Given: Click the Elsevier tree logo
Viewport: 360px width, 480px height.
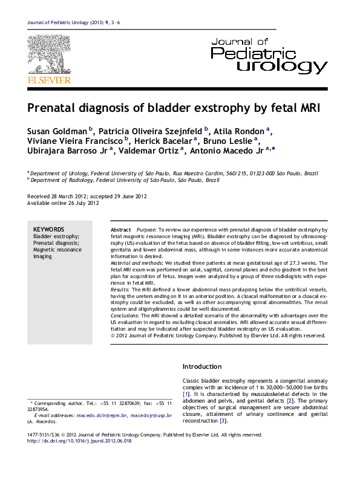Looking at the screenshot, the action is pyautogui.click(x=49, y=54).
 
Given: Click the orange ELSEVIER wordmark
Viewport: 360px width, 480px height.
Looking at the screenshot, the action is pyautogui.click(x=50, y=80).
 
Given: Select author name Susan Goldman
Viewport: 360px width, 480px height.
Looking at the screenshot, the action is pyautogui.click(x=57, y=131).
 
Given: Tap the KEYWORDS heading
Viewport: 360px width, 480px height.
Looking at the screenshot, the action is pyautogui.click(x=49, y=229).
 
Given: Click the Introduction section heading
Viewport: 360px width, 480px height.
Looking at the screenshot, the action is pyautogui.click(x=202, y=367).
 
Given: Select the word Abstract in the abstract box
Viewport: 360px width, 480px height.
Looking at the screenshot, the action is pyautogui.click(x=121, y=230).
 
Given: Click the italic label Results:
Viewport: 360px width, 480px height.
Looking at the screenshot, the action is pyautogui.click(x=120, y=290).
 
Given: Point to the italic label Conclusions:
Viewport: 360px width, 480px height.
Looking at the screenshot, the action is pyautogui.click(x=125, y=316).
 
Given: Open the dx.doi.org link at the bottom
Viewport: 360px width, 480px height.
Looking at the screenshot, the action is pyautogui.click(x=80, y=441).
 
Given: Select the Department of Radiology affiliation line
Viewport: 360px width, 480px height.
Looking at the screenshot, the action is pyautogui.click(x=125, y=180).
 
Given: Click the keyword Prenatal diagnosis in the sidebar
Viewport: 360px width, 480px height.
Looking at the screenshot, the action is pyautogui.click(x=56, y=243).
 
